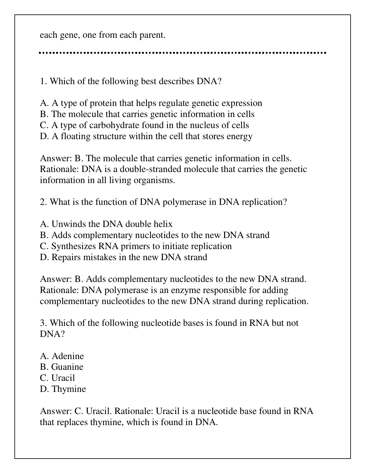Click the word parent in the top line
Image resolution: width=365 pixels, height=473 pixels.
tap(152, 35)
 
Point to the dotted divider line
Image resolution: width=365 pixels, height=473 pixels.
tap(182, 53)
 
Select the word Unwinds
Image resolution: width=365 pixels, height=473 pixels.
tap(65, 224)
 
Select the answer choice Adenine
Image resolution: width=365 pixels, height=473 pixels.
tap(67, 356)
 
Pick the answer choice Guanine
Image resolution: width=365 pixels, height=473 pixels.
tap(67, 367)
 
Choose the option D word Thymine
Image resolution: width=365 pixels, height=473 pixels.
tap(69, 389)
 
